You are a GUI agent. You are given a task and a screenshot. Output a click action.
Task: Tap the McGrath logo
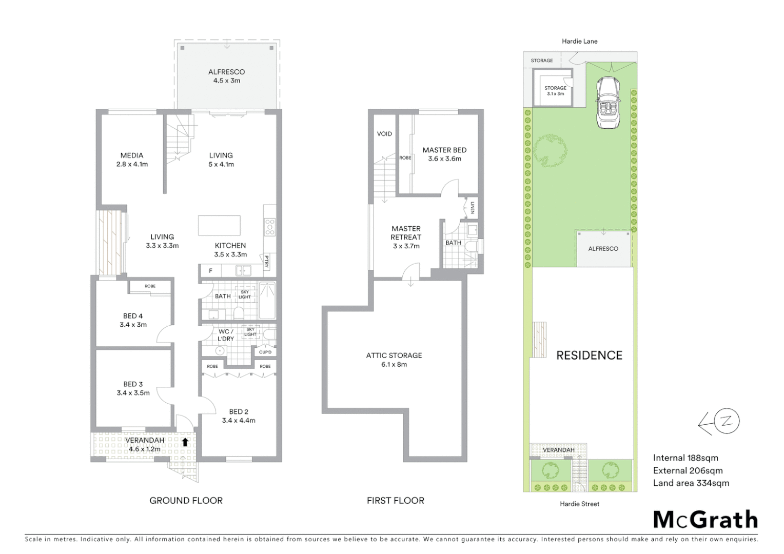[x=705, y=520]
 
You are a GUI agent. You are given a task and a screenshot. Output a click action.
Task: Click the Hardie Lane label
[x=579, y=41]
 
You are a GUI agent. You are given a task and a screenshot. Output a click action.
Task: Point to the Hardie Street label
[x=579, y=504]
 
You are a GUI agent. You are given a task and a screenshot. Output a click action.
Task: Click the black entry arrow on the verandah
[x=185, y=441]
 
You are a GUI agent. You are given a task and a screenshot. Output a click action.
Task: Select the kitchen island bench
[x=219, y=226]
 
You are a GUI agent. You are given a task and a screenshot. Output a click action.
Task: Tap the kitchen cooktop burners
[x=269, y=227]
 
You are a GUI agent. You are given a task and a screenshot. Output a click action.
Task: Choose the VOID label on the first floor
[x=384, y=134]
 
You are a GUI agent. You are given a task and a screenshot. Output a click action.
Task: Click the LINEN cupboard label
[x=473, y=208]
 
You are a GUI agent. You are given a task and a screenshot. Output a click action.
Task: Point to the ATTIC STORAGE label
[x=394, y=355]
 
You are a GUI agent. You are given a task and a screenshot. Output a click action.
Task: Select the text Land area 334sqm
[x=691, y=483]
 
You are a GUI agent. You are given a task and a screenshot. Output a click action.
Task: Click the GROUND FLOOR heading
[x=186, y=501]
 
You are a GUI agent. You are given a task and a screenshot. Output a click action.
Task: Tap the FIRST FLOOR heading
[x=395, y=501]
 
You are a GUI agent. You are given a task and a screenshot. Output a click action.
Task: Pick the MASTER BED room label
[x=444, y=150]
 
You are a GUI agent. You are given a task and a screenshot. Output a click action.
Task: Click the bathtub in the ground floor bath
[x=267, y=300]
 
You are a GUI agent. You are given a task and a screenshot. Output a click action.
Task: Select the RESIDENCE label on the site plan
[x=589, y=355]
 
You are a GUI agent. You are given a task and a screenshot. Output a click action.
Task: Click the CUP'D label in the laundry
[x=265, y=352]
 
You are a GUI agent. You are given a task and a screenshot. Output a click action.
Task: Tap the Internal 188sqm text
[x=685, y=458]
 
